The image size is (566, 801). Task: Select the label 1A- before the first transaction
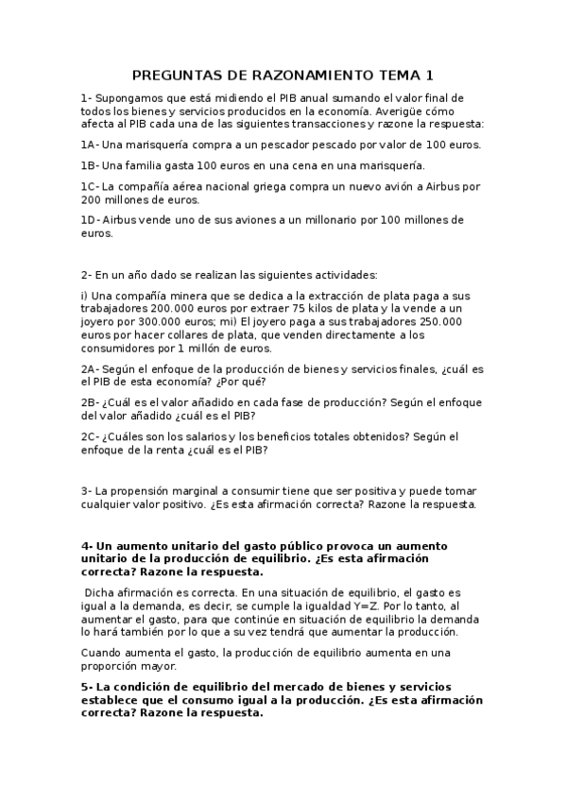point(90,145)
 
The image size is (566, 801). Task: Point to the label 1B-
point(90,165)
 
